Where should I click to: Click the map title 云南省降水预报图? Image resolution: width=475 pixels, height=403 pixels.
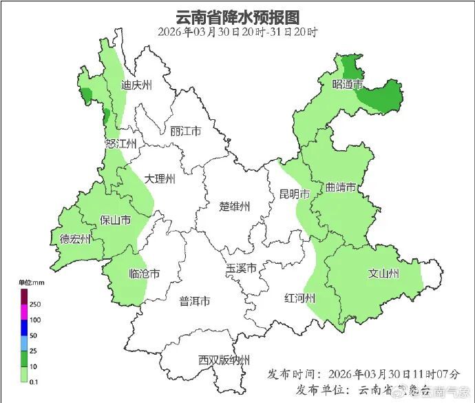click(237, 16)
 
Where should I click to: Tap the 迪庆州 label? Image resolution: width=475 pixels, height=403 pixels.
click(136, 85)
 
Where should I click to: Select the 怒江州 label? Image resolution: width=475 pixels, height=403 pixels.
click(121, 143)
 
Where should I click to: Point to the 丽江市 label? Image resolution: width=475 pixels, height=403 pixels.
click(185, 131)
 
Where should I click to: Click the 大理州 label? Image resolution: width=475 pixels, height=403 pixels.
click(160, 179)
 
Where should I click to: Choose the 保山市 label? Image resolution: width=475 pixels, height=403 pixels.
click(116, 220)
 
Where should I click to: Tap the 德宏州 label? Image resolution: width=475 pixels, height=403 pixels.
click(75, 239)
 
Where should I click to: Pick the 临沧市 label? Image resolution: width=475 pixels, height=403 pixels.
click(145, 274)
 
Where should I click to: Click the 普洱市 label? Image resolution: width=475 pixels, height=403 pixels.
click(195, 302)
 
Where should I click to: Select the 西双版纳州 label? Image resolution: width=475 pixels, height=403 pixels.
click(224, 360)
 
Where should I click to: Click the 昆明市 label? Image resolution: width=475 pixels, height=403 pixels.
click(294, 194)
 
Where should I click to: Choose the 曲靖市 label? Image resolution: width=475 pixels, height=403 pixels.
click(341, 187)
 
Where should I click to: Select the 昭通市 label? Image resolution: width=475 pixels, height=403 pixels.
click(347, 85)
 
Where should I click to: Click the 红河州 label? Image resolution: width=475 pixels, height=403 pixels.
click(300, 298)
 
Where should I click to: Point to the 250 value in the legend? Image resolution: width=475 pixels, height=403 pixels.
click(34, 304)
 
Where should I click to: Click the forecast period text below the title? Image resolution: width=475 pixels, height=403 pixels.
click(237, 32)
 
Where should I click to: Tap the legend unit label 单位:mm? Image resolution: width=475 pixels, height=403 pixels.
click(31, 283)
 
